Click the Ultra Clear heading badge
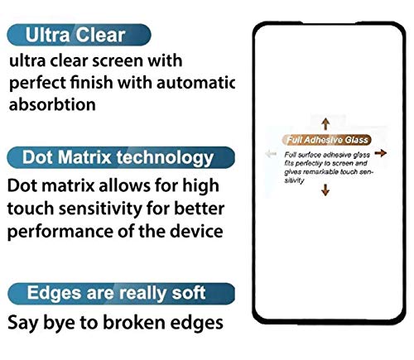point(79,35)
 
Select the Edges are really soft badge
point(117,292)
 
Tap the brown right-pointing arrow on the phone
point(383,154)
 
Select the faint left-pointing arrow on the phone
point(268,154)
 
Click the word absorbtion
point(51,105)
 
